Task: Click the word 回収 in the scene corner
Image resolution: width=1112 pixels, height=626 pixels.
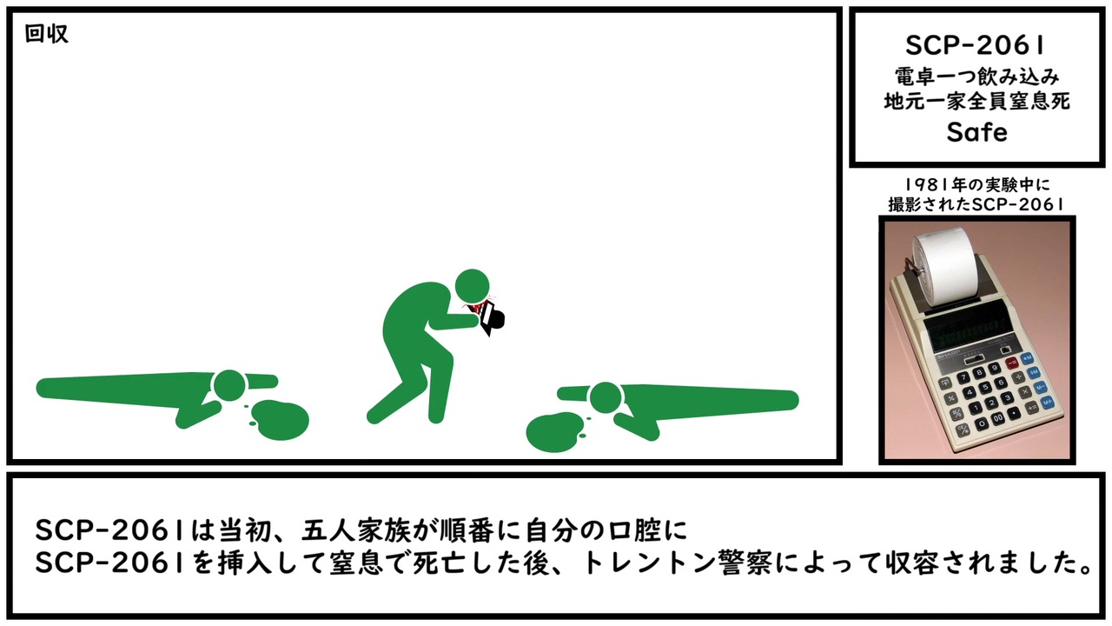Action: point(47,34)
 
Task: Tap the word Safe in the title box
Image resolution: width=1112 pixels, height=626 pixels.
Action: point(977,132)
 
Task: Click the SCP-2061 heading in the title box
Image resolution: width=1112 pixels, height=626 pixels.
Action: point(976,46)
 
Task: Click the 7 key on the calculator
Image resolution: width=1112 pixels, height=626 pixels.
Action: point(963,377)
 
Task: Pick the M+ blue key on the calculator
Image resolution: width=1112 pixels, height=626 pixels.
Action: point(1048,402)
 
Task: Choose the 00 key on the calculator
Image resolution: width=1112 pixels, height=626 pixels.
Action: point(998,418)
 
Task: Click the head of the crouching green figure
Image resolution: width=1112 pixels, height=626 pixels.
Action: point(472,286)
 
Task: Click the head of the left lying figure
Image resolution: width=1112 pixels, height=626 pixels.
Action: point(229,386)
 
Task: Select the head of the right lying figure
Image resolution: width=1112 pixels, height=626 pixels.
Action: point(606,398)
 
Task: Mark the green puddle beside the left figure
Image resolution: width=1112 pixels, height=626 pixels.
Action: point(281,420)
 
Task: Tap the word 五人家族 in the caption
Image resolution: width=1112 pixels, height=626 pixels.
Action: point(356,530)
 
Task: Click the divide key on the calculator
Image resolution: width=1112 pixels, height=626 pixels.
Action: point(1017,377)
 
